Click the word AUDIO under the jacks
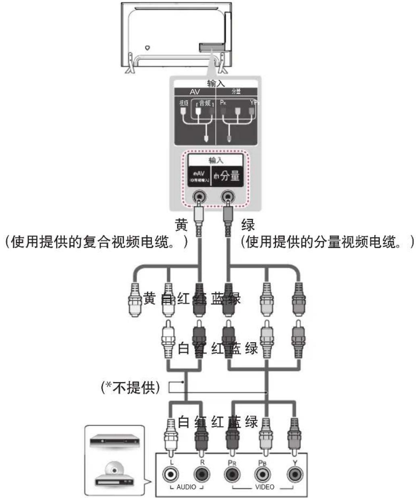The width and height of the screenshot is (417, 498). [x=186, y=487]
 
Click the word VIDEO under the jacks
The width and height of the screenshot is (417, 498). [x=264, y=487]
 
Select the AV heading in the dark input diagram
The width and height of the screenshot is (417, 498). [x=195, y=92]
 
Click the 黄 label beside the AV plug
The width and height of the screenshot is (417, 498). [x=181, y=224]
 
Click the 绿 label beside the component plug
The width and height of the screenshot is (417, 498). [x=247, y=224]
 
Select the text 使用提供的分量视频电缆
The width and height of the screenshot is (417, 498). [x=326, y=243]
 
